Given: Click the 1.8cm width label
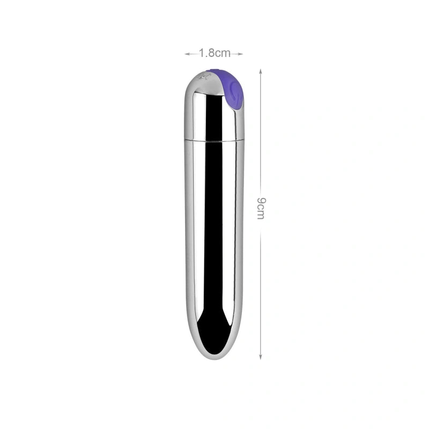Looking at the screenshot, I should pos(214,53).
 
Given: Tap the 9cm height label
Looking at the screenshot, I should pos(261,208).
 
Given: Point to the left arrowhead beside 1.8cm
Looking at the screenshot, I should pos(187,54).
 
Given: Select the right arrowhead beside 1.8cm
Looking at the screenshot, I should pos(241,54).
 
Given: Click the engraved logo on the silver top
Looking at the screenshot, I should pos(204,77).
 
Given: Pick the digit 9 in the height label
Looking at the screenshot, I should pos(261,201).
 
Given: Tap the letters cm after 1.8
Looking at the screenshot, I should pos(223,53).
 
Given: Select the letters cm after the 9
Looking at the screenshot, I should pos(261,212).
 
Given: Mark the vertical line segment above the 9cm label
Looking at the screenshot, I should pos(261,134).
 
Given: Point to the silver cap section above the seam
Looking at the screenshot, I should pos(214,115).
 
